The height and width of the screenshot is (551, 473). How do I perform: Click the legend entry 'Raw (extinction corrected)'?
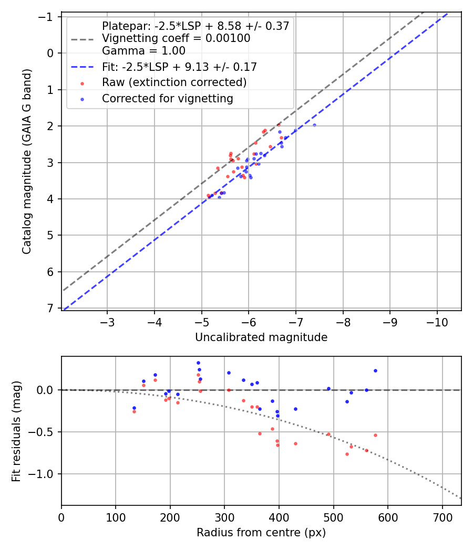tap(174, 82)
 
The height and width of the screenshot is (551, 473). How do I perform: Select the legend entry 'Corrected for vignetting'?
tap(167, 98)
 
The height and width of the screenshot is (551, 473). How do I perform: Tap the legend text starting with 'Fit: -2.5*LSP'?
tap(179, 67)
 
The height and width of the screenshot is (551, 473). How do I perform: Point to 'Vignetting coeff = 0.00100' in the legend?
tap(176, 38)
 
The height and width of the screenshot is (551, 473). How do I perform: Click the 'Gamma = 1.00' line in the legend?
tap(143, 51)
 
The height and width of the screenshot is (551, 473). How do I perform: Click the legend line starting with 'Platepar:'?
tap(196, 26)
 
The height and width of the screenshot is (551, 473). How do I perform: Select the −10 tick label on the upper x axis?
tap(437, 321)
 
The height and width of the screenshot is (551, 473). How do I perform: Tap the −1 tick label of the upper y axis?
tap(50, 17)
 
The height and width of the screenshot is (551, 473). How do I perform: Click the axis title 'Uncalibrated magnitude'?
tap(261, 337)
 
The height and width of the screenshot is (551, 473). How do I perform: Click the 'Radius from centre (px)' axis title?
tap(261, 533)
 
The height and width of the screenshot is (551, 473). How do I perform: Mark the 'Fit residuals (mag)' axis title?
tap(16, 431)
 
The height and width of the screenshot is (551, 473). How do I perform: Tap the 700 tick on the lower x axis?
tap(442, 516)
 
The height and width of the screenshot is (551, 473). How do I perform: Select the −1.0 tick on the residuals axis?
tap(46, 474)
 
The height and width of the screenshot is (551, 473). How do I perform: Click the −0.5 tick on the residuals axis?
tap(46, 432)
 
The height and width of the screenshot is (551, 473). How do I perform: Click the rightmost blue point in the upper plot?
tap(314, 125)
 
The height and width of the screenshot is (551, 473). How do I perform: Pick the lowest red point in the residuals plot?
tap(347, 454)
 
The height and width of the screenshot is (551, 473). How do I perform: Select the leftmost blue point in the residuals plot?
tap(134, 408)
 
